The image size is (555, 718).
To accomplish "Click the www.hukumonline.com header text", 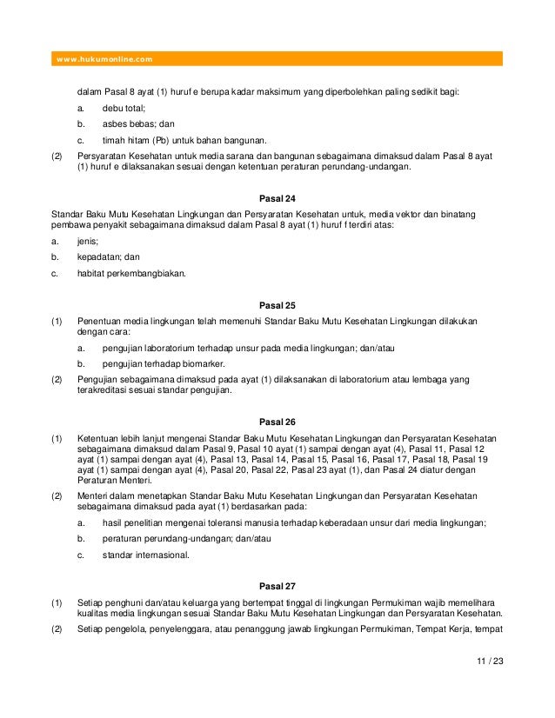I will click(x=104, y=59).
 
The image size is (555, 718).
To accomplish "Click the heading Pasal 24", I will click(x=278, y=197).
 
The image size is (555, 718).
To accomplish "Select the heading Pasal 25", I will click(x=278, y=305).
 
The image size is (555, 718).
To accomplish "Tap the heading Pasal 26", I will click(x=278, y=421).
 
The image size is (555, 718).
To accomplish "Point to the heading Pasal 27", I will click(x=278, y=586).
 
